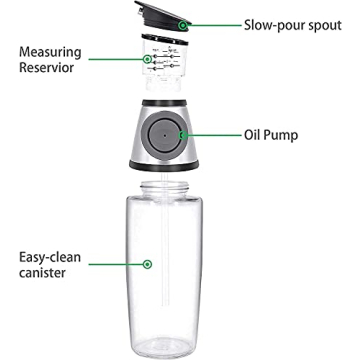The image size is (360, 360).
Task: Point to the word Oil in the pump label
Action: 255,133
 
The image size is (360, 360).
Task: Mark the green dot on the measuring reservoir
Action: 148,59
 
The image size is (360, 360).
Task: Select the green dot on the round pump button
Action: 181,133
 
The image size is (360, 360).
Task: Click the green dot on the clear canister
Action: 147,264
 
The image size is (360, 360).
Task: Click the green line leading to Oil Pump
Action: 212,133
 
